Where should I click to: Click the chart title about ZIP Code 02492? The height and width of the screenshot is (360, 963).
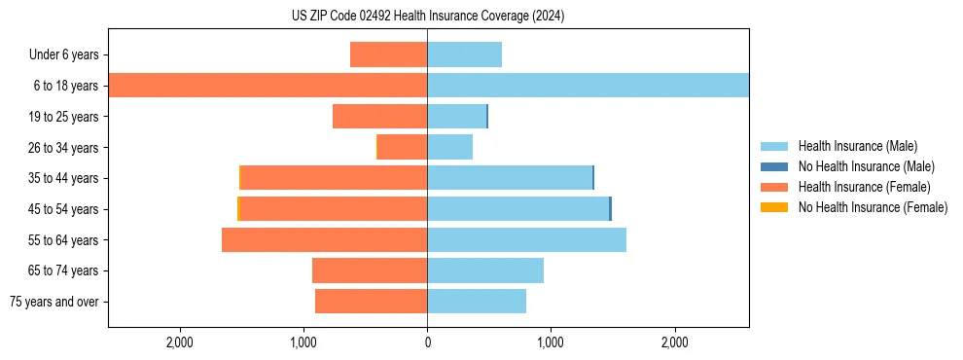tap(427, 17)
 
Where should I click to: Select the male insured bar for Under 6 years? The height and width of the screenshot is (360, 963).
tap(464, 54)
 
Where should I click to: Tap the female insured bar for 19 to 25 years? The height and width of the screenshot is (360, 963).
tap(380, 117)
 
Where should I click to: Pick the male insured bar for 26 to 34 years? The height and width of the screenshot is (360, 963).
tap(449, 147)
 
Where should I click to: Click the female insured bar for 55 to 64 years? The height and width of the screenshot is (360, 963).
tap(325, 239)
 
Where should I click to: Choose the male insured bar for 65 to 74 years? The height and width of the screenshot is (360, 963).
tap(484, 270)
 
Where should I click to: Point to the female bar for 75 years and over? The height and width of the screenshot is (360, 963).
tap(372, 302)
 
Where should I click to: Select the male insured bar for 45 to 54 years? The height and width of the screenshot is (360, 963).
tap(517, 209)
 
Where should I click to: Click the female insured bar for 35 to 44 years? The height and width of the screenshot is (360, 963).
tap(334, 178)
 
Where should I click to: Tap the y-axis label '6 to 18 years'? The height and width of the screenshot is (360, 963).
tap(66, 86)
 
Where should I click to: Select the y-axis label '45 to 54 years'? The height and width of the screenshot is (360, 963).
tap(63, 209)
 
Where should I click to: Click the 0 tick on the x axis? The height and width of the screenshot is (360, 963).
tap(427, 342)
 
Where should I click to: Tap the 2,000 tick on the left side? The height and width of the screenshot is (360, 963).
tap(180, 342)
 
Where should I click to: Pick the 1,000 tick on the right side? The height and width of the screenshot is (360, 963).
tap(551, 342)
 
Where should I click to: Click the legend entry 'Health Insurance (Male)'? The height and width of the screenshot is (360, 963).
tap(858, 146)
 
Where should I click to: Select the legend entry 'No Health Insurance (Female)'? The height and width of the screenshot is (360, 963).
tap(873, 207)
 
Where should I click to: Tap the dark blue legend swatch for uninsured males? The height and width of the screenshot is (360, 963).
tap(774, 166)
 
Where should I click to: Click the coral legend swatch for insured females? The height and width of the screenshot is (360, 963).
tap(774, 187)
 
